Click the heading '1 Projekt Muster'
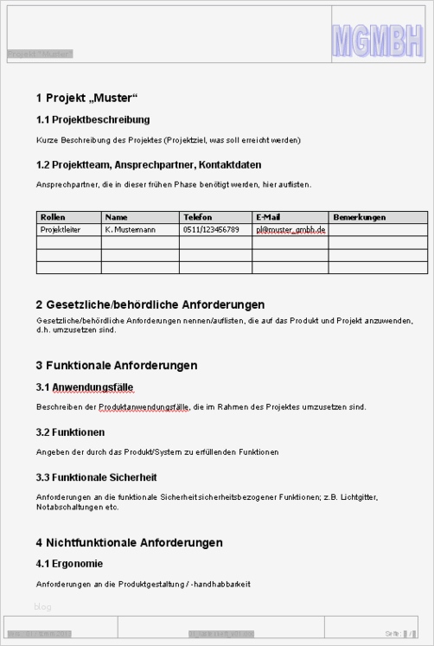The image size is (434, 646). point(87,97)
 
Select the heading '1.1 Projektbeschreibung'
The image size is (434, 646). point(93,119)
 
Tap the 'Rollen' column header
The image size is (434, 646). point(53,217)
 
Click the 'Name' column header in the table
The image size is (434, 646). point(117,217)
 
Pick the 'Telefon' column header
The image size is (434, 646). point(197,217)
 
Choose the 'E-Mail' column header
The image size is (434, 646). point(268,217)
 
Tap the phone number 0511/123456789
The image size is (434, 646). point(211,230)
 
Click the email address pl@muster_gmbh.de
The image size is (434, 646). point(290,230)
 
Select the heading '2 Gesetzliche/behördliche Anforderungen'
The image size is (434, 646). point(150,304)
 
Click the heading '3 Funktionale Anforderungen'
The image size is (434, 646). point(117,366)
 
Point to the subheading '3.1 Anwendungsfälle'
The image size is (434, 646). point(85,387)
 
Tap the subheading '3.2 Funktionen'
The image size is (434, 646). point(71,432)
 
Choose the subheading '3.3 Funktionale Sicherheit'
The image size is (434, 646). point(97,477)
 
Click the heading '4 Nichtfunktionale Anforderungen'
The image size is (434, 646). point(130,543)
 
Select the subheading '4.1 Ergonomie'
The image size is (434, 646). point(70,565)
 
